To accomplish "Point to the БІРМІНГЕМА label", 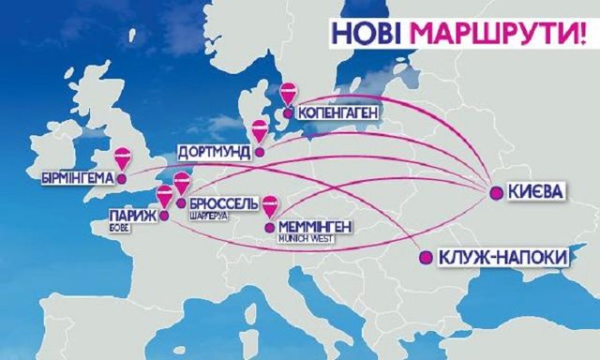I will [78, 177].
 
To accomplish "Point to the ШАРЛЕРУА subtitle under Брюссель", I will [208, 217].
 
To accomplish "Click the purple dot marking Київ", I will [494, 193].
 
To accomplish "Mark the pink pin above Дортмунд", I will [259, 130].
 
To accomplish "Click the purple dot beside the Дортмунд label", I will [261, 150].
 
